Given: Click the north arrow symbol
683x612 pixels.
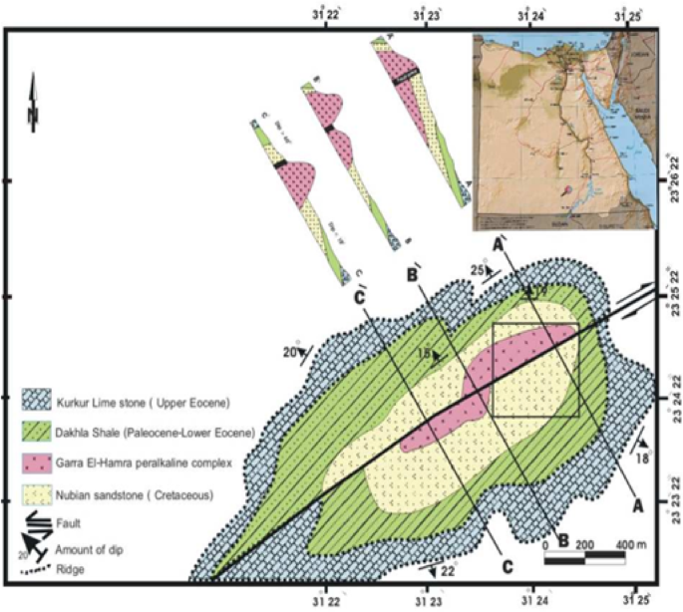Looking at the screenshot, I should pyautogui.click(x=34, y=103).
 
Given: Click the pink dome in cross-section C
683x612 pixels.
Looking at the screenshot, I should pyautogui.click(x=295, y=179).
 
